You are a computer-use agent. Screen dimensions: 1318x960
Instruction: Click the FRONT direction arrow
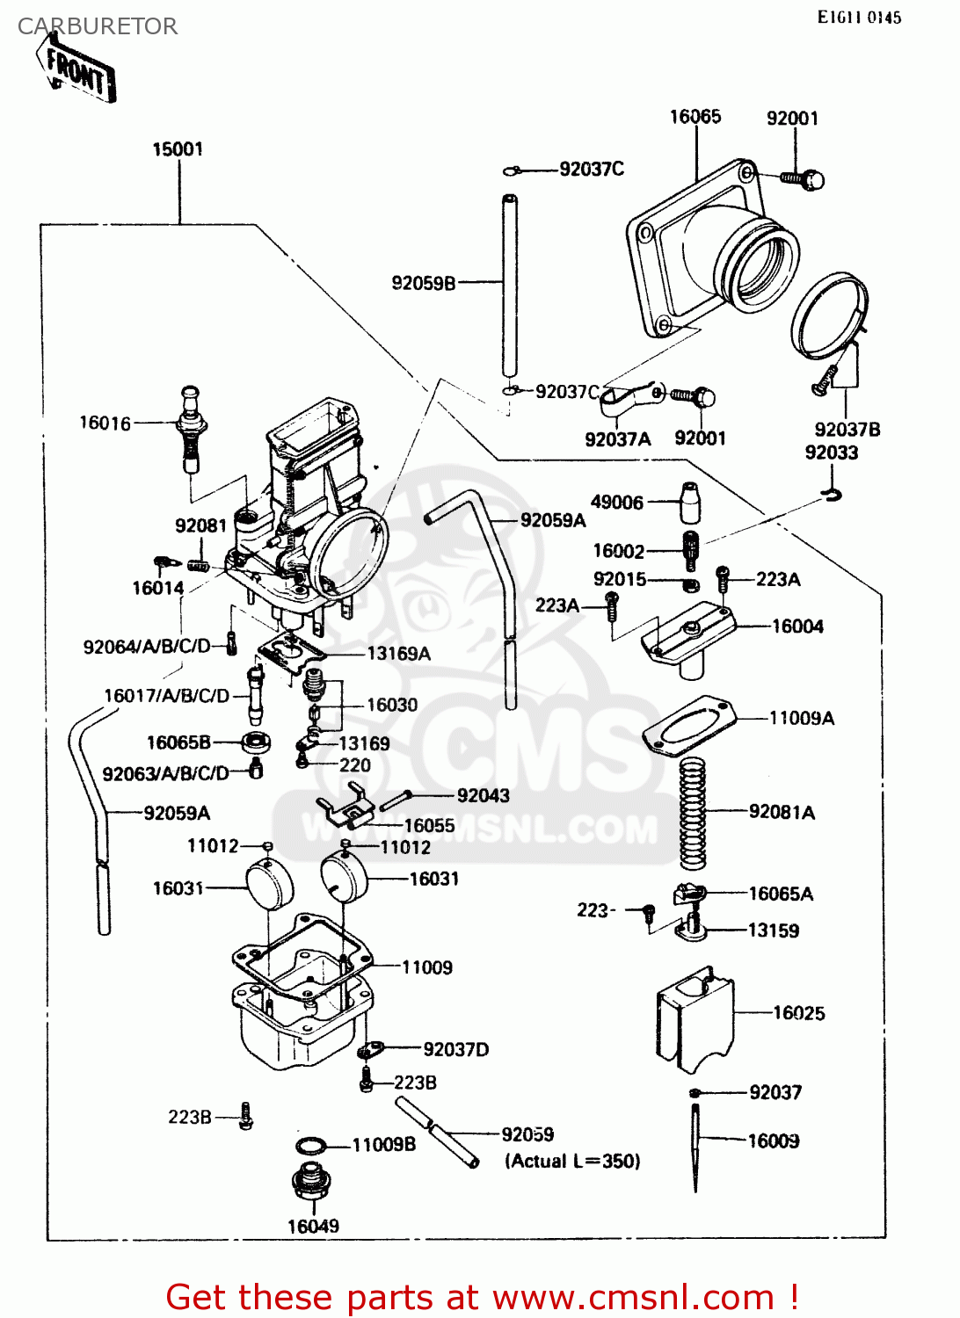(x=77, y=69)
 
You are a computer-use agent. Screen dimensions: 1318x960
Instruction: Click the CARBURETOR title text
(x=98, y=26)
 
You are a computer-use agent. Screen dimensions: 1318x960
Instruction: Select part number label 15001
(x=178, y=149)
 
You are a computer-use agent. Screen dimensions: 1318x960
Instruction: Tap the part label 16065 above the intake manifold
(x=695, y=117)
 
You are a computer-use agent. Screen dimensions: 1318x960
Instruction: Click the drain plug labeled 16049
(x=310, y=1181)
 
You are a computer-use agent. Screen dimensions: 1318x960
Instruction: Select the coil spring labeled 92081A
(x=693, y=812)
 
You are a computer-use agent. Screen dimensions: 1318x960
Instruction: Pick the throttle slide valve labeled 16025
(x=695, y=1019)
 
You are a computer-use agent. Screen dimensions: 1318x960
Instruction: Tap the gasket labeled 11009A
(x=689, y=726)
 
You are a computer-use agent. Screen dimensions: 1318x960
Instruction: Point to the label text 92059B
(x=424, y=283)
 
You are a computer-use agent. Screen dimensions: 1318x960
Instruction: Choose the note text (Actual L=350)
(x=572, y=1161)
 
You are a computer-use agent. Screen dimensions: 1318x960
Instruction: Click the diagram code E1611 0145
(x=859, y=18)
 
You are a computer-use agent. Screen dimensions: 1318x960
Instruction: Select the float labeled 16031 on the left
(x=268, y=884)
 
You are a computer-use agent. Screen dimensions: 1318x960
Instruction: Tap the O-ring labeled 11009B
(x=309, y=1146)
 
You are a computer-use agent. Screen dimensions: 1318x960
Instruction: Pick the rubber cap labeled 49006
(x=690, y=503)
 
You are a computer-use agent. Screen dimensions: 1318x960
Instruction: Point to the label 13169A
(x=398, y=654)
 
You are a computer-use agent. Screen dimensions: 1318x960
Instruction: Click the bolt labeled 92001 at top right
(x=803, y=179)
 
